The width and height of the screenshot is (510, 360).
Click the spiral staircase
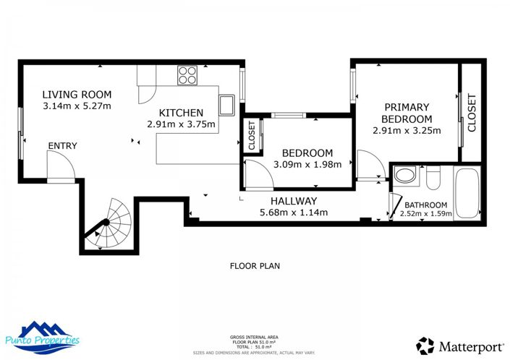108,222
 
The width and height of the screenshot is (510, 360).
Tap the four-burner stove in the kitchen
187,74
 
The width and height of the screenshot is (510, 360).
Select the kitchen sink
227,105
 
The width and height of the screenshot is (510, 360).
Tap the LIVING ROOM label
77,94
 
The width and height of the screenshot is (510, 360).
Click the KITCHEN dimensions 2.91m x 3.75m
181,124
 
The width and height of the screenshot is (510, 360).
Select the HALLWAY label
294,201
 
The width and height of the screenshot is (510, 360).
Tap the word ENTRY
62,146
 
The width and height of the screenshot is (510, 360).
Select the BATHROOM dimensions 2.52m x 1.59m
425,213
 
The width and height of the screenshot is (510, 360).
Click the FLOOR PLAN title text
255,266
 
